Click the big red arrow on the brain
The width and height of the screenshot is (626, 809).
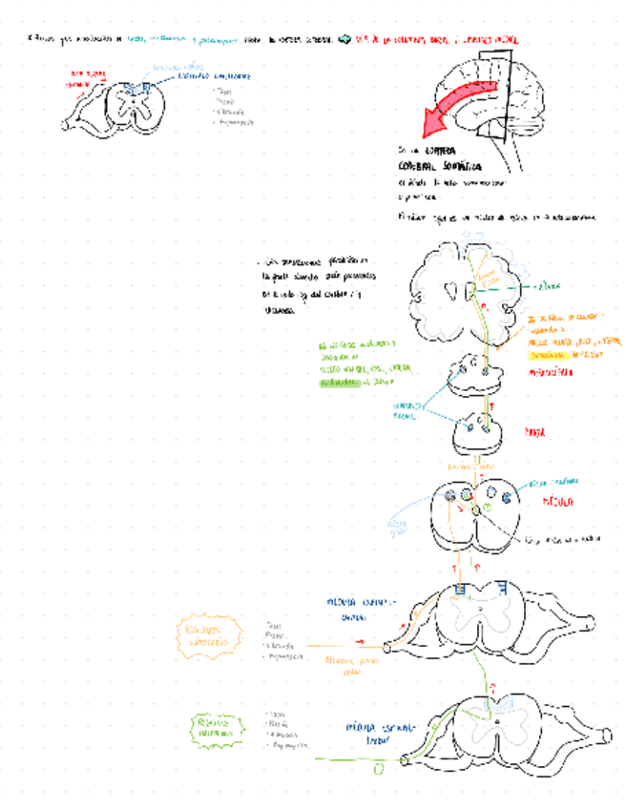456,104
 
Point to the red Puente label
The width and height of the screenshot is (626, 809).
535,432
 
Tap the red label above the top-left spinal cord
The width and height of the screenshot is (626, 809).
82,77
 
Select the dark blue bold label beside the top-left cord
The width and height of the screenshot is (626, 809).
215,74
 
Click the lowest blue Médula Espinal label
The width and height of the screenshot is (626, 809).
375,732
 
